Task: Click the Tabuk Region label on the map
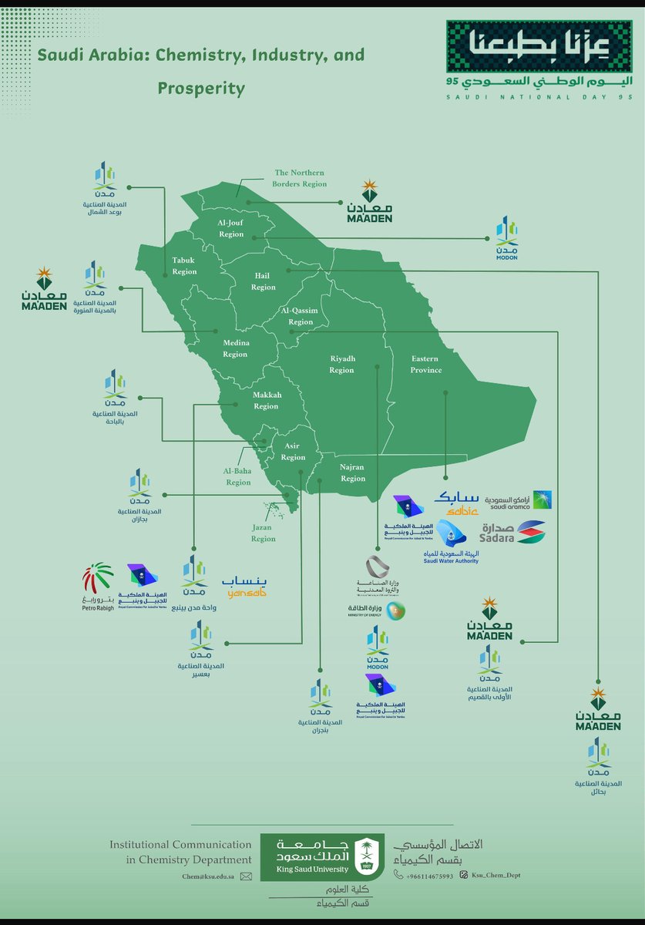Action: click(184, 266)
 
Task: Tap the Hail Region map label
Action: click(263, 281)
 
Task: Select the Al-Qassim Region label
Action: click(300, 316)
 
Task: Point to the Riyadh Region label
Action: click(341, 365)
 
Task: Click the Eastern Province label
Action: click(426, 365)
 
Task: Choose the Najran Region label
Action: click(353, 473)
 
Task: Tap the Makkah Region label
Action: click(266, 401)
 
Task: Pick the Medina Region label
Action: click(235, 348)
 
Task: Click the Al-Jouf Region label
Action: click(230, 228)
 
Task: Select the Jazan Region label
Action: click(263, 533)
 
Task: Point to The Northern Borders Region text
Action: click(301, 178)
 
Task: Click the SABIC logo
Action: click(457, 502)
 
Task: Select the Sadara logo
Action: click(512, 533)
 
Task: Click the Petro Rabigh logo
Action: click(98, 587)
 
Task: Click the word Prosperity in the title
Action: click(201, 89)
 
